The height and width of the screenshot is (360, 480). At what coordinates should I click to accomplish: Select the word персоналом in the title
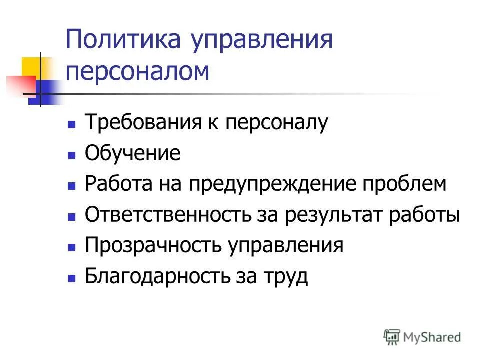[137, 71]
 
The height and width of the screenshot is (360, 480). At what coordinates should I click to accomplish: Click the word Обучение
[132, 153]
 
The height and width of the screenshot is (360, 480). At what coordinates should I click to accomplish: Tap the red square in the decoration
[20, 85]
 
